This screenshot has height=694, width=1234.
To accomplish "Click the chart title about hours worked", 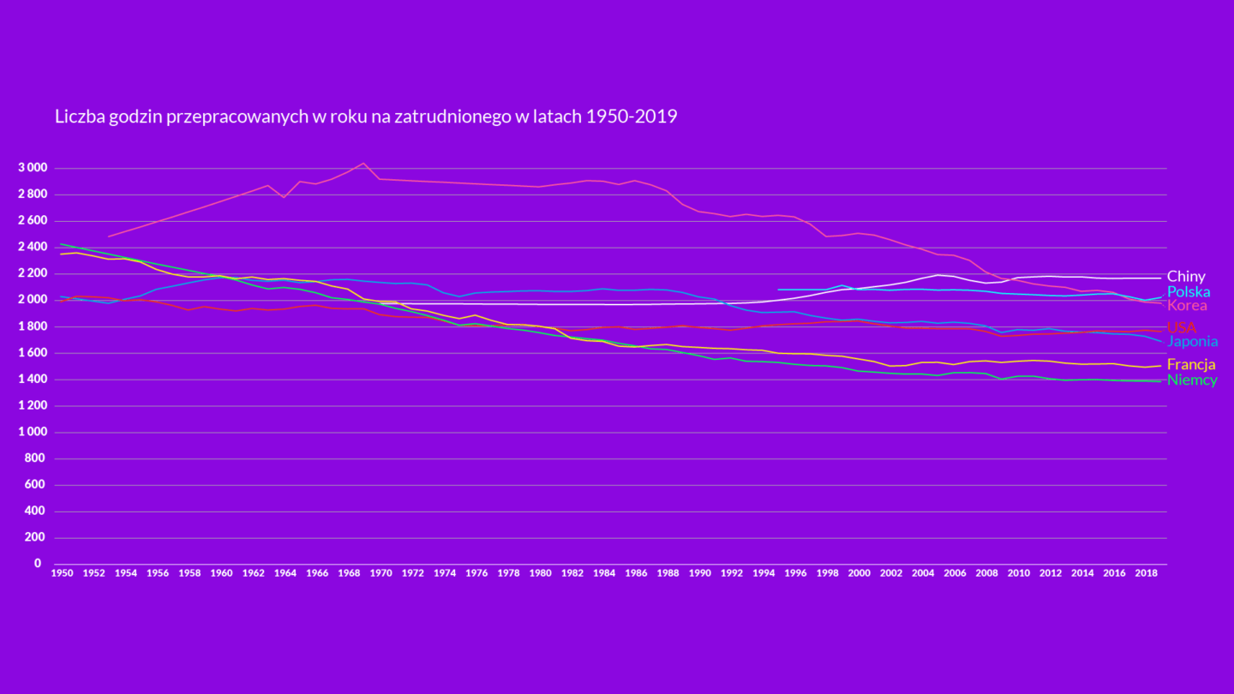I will coord(366,117).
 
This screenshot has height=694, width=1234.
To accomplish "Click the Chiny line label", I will coord(1186,277).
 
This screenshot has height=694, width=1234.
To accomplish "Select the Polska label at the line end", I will coord(1189,291).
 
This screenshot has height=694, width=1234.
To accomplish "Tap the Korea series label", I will coord(1187,306).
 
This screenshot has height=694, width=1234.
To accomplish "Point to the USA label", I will coord(1181,327).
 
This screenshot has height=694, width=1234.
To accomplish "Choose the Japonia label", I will coord(1192,342).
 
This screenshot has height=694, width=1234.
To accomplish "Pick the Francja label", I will coord(1191,365).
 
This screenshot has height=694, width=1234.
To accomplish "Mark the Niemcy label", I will coord(1192,380).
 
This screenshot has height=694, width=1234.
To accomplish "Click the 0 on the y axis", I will coord(38,564).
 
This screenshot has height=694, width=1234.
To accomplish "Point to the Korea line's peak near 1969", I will coord(363,163).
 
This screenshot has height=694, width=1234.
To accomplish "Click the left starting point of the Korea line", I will coord(109,236).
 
